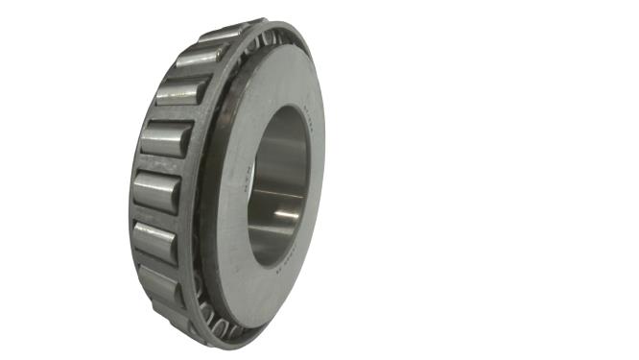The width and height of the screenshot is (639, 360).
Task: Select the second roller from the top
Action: coord(200,57)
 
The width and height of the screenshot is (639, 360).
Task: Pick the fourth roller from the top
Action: coord(165,139)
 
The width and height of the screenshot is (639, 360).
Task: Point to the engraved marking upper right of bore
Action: coord(308,120)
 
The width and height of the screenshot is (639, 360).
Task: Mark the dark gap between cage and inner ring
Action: coord(205,192)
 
